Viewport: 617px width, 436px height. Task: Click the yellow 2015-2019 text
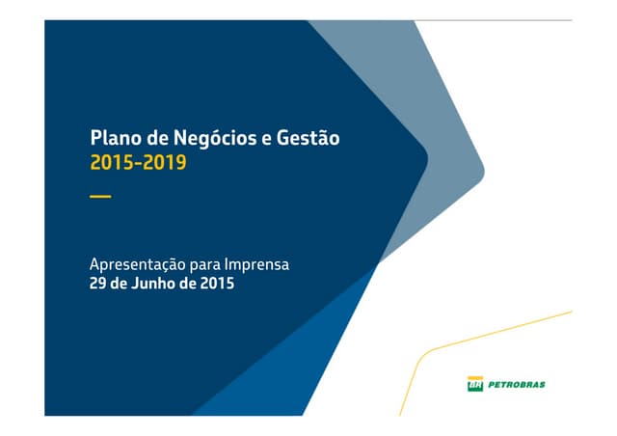pos(138,163)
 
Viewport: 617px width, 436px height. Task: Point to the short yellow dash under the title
pos(100,197)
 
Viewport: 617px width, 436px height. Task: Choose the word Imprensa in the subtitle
pos(256,263)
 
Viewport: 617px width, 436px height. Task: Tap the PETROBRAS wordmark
pos(516,384)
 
